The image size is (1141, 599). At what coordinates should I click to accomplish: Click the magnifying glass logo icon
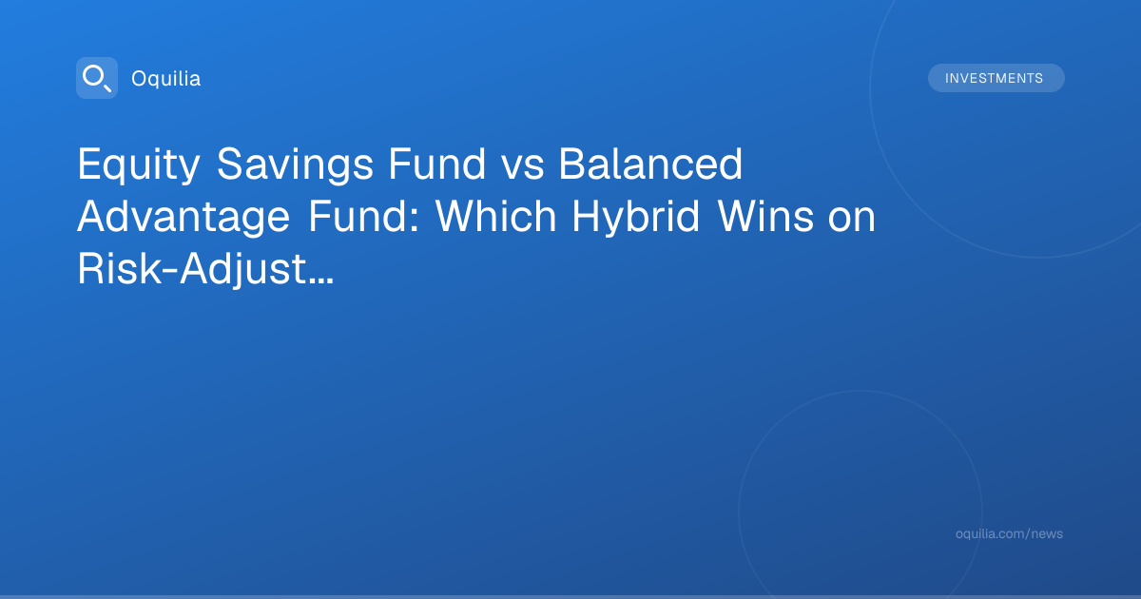pos(97,78)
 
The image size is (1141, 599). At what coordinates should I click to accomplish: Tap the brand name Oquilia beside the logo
pos(166,79)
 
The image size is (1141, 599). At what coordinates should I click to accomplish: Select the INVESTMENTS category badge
pos(996,78)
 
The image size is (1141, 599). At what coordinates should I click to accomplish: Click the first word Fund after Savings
pos(437,164)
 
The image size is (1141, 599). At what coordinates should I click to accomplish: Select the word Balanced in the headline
pos(650,164)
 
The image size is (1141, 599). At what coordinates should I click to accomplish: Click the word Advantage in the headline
pos(184,218)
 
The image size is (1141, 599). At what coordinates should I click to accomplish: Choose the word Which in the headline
pos(495,217)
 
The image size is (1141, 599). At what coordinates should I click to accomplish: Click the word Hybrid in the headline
pos(636,218)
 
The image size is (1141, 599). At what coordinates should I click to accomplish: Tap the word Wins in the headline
pos(765,217)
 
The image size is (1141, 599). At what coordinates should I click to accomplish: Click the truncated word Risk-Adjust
pos(191,270)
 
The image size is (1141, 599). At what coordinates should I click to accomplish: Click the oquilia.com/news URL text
pos(1009,533)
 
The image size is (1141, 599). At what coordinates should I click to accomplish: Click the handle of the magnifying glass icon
pos(106,87)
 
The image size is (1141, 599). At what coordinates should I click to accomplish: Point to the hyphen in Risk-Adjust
pos(170,273)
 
